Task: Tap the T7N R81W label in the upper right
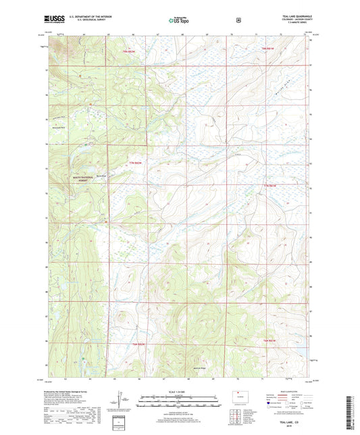point(269,48)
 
